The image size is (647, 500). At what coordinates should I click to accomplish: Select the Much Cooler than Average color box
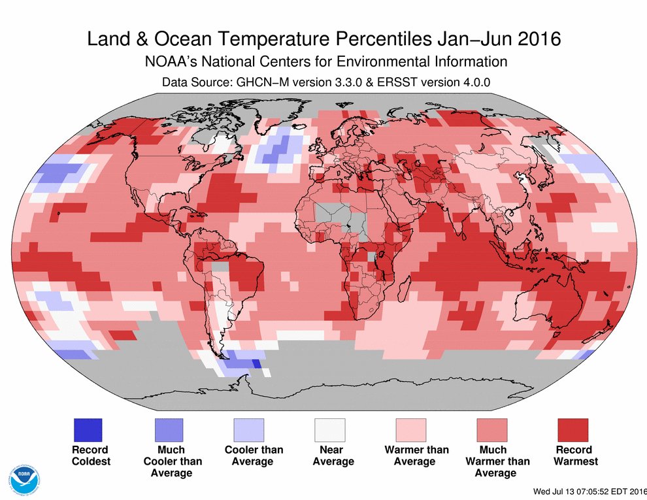tap(169, 430)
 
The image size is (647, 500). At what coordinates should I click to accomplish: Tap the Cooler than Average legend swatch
tap(250, 430)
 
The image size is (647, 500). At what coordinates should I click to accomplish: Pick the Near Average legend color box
tap(331, 430)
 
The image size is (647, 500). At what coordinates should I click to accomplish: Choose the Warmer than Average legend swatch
tap(411, 430)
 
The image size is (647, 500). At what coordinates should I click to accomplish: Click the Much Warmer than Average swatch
tap(492, 430)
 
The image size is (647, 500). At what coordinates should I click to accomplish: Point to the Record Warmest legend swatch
tap(573, 430)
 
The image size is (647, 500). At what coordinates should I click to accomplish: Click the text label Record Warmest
tap(575, 456)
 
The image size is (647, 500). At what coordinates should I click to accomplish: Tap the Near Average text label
tap(333, 456)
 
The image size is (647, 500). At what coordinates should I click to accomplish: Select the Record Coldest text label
tap(90, 456)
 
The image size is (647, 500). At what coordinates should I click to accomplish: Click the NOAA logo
tap(23, 480)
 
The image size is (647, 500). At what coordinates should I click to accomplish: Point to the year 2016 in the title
tap(537, 39)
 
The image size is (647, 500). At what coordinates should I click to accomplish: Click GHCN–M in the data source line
tap(250, 82)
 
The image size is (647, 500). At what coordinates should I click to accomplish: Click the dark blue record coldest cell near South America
tap(256, 364)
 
